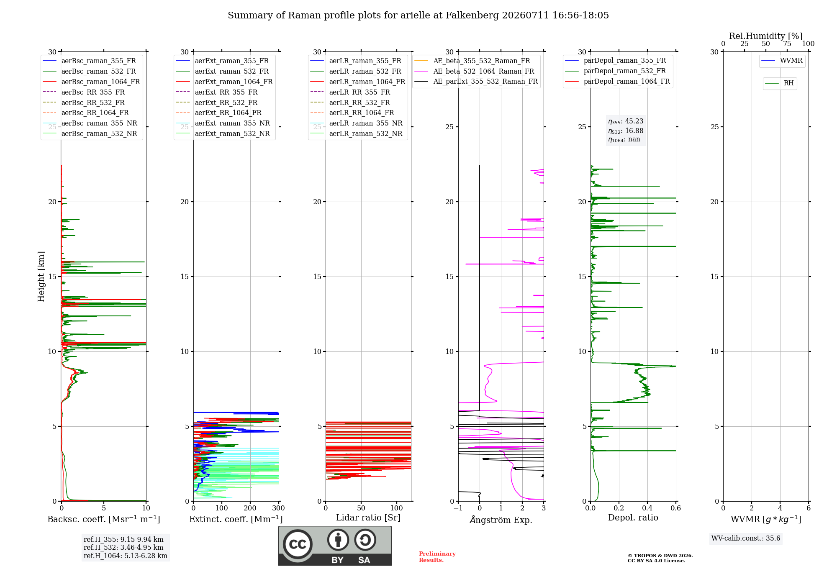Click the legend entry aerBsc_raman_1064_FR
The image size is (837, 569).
(91, 82)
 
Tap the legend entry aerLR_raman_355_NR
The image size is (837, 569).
(356, 123)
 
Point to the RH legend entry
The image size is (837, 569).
(779, 83)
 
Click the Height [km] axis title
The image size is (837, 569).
(41, 277)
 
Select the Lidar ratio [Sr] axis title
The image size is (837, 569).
(368, 518)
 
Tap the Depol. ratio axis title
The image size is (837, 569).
(633, 518)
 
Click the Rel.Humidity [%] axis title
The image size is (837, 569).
(766, 36)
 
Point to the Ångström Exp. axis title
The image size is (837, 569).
(501, 520)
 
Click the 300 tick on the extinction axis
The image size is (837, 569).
(279, 508)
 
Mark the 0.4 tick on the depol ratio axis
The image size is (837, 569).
(647, 508)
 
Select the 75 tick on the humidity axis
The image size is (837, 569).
(787, 44)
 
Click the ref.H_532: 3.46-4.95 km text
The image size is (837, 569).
(123, 547)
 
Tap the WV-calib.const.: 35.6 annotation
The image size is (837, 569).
(746, 538)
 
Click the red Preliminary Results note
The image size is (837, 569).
(437, 557)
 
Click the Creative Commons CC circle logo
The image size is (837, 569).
(298, 544)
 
